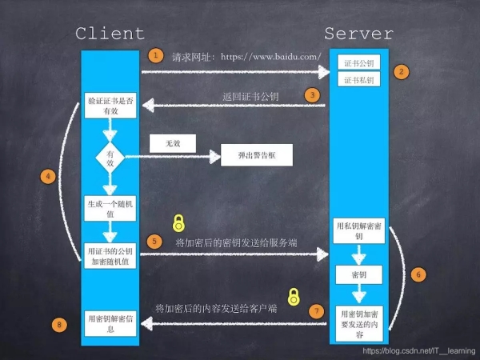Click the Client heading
click(x=110, y=33)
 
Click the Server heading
click(x=359, y=33)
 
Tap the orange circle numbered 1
click(x=154, y=56)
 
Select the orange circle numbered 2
click(x=402, y=71)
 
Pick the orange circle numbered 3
click(x=311, y=94)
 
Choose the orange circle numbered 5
click(x=155, y=240)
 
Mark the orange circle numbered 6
click(x=418, y=273)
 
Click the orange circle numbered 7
click(x=316, y=310)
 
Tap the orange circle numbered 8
click(x=58, y=324)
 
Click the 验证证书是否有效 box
click(x=110, y=108)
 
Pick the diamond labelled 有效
click(x=110, y=157)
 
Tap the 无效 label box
click(x=174, y=143)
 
